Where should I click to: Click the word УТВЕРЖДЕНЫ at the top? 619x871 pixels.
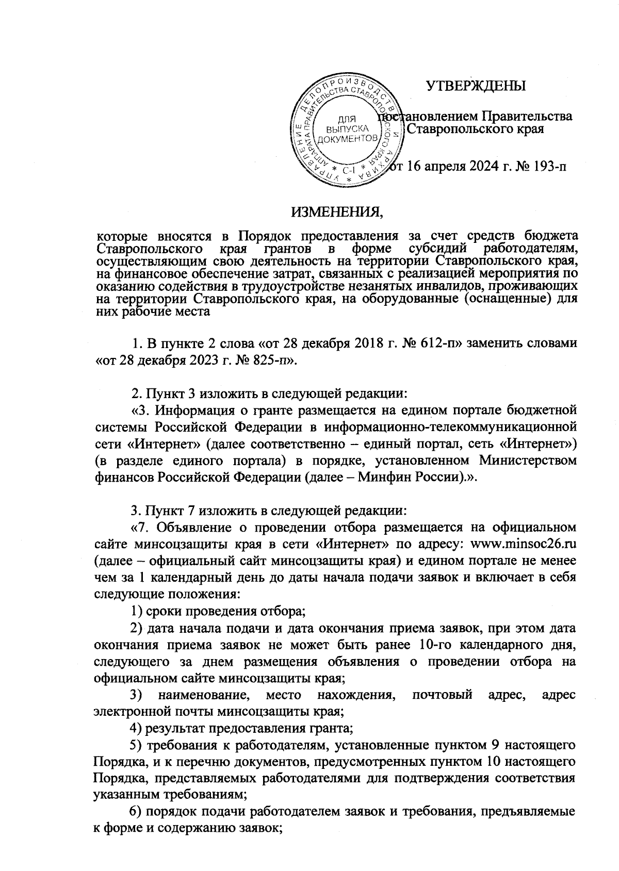click(x=475, y=86)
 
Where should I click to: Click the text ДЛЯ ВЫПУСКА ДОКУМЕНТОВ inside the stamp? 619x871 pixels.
click(x=345, y=129)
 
